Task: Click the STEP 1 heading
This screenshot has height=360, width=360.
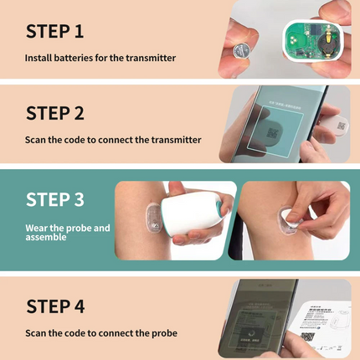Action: coord(66,32)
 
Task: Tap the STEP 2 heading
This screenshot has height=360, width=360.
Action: coord(66,113)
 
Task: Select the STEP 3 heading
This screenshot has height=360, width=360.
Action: coord(66,199)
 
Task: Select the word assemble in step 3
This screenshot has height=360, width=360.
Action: coord(49,237)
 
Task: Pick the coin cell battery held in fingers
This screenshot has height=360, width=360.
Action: coord(251,43)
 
